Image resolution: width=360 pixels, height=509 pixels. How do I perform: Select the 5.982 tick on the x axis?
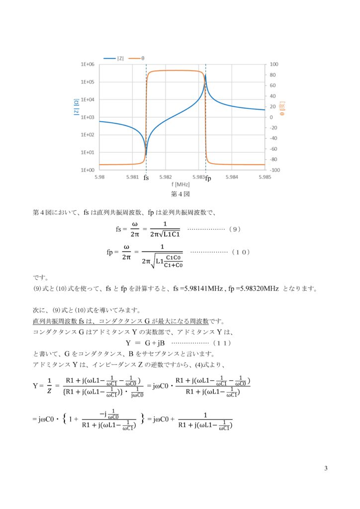pos(165,176)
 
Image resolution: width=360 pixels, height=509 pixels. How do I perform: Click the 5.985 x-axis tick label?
pos(265,176)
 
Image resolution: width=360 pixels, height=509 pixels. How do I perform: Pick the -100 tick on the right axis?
pos(274,170)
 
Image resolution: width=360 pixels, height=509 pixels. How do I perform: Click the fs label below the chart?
pos(146,177)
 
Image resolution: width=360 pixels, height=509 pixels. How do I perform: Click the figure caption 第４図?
pos(181,194)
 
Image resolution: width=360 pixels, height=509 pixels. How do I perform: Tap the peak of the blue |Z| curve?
pos(206,76)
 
